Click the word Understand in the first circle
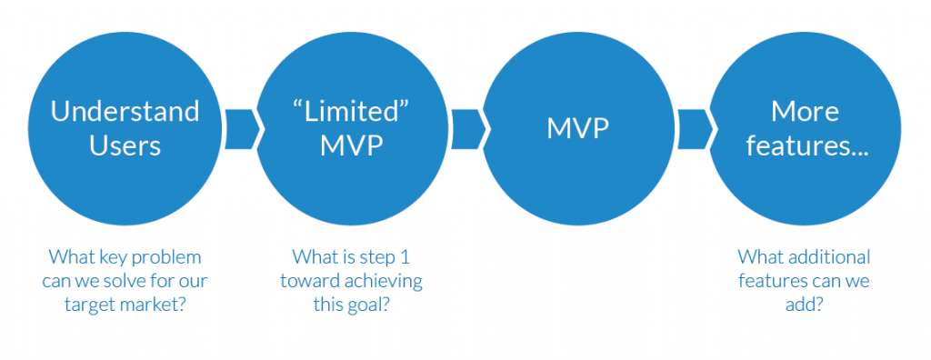pyautogui.click(x=125, y=112)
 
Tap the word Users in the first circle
pyautogui.click(x=125, y=145)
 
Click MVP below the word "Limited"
pyautogui.click(x=352, y=145)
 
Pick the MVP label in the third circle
pyautogui.click(x=577, y=128)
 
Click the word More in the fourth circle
pyautogui.click(x=805, y=112)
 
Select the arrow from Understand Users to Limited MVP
pyautogui.click(x=240, y=128)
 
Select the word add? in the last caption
pyautogui.click(x=804, y=305)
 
